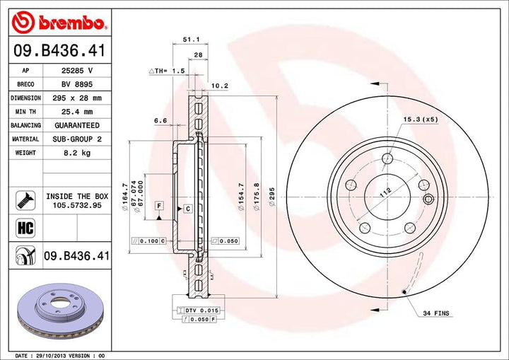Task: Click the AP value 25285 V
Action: click(x=77, y=71)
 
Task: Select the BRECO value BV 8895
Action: click(x=77, y=84)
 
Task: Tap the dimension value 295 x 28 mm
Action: click(x=77, y=98)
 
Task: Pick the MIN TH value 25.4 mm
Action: click(x=77, y=111)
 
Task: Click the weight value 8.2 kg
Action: click(x=77, y=152)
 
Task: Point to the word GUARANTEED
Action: click(x=77, y=125)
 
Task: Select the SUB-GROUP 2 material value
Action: click(x=77, y=139)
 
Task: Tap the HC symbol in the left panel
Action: click(x=24, y=227)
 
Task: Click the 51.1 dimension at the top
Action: click(x=189, y=40)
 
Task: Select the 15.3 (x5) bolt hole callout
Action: click(x=421, y=119)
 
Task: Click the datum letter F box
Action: click(x=159, y=205)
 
